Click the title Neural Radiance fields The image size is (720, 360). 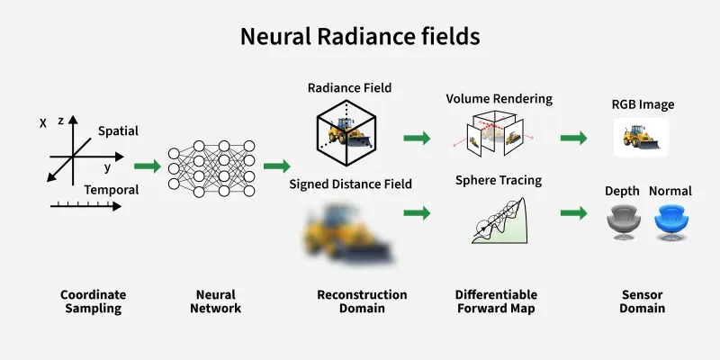pyautogui.click(x=360, y=37)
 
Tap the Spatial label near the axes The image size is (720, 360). pyautogui.click(x=118, y=131)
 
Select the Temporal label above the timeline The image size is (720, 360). pyautogui.click(x=111, y=190)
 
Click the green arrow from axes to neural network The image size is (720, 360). pyautogui.click(x=148, y=166)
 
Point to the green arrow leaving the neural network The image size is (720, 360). pyautogui.click(x=277, y=166)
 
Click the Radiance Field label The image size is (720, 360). pyautogui.click(x=349, y=87)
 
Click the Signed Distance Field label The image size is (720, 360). pyautogui.click(x=350, y=184)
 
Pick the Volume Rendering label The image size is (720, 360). pyautogui.click(x=499, y=99)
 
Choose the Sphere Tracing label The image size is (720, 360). pyautogui.click(x=499, y=181)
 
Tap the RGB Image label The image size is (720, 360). pyautogui.click(x=643, y=104)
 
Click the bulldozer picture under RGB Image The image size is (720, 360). pyautogui.click(x=641, y=138)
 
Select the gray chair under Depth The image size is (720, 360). pyautogui.click(x=623, y=222)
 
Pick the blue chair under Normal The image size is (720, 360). pyautogui.click(x=671, y=222)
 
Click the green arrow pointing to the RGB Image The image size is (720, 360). pyautogui.click(x=574, y=138)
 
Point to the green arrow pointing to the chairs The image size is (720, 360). pyautogui.click(x=574, y=213)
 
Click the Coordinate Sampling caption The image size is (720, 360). pyautogui.click(x=94, y=301)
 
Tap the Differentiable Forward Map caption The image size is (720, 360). pyautogui.click(x=497, y=301)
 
